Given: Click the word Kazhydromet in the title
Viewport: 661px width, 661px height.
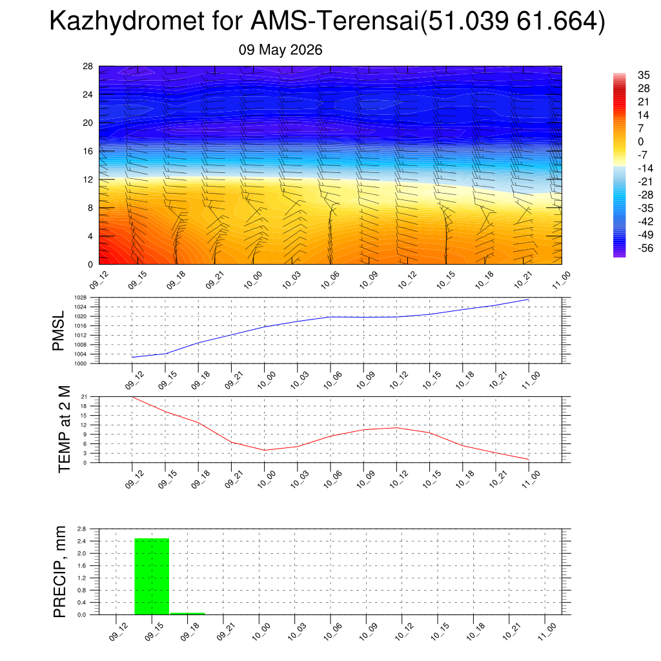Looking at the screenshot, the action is (127, 21).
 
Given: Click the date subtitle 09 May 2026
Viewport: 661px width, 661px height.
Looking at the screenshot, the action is (280, 50).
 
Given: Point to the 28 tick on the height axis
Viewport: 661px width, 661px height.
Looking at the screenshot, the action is (88, 66).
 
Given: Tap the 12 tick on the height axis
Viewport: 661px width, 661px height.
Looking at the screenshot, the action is (88, 179).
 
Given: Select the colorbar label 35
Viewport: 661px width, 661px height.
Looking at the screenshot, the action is (644, 75).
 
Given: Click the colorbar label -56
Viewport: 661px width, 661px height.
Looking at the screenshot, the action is (646, 248).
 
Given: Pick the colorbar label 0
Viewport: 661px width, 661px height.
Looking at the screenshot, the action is (641, 141).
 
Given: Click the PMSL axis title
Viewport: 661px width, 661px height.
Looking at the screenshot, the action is (58, 331).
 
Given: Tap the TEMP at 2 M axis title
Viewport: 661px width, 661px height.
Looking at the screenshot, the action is (64, 429).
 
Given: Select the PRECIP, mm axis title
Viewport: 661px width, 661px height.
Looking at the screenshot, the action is (60, 572).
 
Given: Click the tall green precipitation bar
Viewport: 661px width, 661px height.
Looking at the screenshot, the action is (152, 576).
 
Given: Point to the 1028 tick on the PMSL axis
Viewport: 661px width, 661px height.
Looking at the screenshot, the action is (81, 298).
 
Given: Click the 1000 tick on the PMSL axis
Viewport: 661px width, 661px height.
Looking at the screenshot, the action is (81, 363).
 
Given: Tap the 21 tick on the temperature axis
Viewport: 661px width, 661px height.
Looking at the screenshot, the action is (84, 397).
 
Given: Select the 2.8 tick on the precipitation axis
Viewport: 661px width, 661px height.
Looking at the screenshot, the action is (82, 529).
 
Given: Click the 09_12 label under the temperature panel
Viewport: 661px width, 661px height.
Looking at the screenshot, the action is (134, 480).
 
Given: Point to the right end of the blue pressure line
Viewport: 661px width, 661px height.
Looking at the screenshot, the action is (529, 300).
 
